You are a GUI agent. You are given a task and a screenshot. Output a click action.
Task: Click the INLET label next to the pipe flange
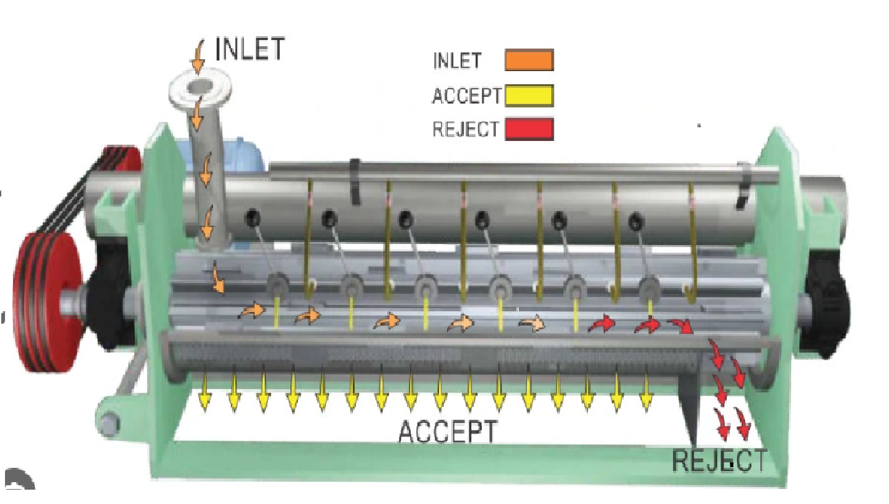pyautogui.click(x=250, y=49)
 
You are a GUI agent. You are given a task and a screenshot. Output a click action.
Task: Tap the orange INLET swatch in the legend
pyautogui.click(x=529, y=60)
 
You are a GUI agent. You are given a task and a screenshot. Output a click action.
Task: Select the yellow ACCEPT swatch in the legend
pyautogui.click(x=529, y=96)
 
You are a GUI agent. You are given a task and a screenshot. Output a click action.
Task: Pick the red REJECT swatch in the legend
pyautogui.click(x=529, y=129)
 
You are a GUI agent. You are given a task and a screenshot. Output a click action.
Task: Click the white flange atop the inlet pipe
pyautogui.click(x=200, y=87)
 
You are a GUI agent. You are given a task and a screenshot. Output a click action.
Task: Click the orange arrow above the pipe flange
pyautogui.click(x=198, y=56)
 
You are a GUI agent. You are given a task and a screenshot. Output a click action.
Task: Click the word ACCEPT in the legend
pyautogui.click(x=466, y=96)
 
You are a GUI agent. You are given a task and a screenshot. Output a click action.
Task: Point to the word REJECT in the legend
pyautogui.click(x=466, y=129)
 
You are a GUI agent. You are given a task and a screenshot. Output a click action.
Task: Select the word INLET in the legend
pyautogui.click(x=457, y=61)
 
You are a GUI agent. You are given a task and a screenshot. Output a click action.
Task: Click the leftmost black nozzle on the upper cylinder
pyautogui.click(x=253, y=218)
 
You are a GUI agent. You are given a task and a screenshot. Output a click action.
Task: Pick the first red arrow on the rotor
pyautogui.click(x=602, y=324)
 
